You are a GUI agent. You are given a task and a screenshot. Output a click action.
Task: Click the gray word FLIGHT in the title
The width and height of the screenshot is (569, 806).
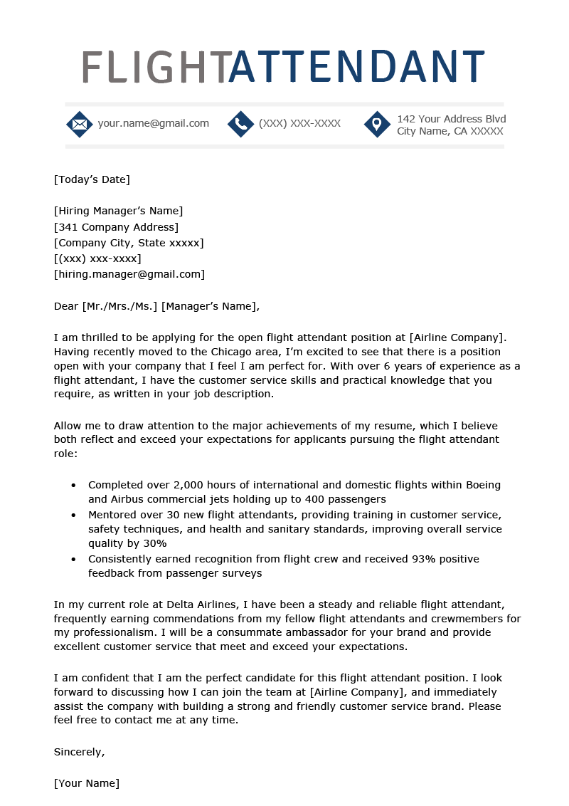click(154, 67)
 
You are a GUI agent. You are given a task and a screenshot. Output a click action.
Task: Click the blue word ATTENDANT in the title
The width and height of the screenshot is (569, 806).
click(356, 67)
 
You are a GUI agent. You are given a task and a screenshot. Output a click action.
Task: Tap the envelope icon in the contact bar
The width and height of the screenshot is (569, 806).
click(80, 125)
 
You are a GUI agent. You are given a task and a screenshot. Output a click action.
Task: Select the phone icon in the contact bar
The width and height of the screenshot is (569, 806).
click(241, 125)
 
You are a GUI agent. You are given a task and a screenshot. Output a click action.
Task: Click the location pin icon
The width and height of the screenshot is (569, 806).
click(377, 125)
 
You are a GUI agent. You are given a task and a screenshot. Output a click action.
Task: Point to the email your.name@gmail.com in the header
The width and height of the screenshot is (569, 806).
click(153, 123)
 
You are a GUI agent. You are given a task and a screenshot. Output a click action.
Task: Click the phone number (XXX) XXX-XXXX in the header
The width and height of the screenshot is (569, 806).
click(299, 123)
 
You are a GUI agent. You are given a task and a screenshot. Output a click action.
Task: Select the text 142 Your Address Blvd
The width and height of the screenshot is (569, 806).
click(451, 119)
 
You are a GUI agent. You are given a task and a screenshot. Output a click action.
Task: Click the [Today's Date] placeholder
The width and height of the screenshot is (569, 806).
click(92, 179)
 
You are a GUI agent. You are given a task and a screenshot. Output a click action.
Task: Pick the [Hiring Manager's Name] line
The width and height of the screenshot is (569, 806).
click(118, 211)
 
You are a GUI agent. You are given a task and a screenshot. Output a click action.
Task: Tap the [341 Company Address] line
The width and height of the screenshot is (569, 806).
click(116, 227)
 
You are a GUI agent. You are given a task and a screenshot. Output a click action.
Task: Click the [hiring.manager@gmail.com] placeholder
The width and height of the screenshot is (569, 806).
click(129, 274)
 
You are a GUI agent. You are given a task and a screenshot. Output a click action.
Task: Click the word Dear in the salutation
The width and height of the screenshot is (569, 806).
click(66, 306)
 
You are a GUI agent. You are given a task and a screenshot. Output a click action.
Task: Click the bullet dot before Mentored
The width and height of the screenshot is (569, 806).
click(73, 515)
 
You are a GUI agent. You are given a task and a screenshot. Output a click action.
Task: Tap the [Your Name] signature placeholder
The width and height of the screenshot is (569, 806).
click(87, 783)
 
